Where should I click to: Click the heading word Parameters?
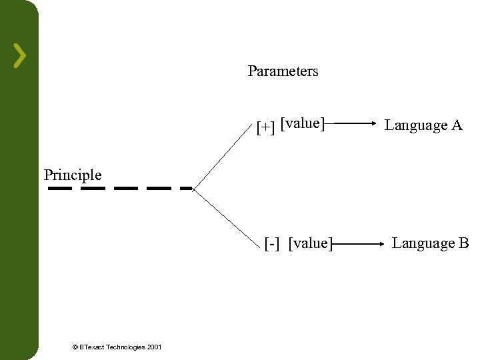tap(283, 71)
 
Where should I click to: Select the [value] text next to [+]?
tap(303, 123)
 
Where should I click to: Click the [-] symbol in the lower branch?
tap(272, 243)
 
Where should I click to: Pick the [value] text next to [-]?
tap(310, 243)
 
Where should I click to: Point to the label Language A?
tap(423, 125)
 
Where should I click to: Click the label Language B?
tap(430, 243)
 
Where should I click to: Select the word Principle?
tap(73, 175)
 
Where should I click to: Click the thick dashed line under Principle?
tap(120, 189)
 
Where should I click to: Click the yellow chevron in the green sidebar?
tap(21, 56)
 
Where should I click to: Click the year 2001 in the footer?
tap(153, 347)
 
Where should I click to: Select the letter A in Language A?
tap(457, 125)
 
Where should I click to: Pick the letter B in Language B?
tap(463, 243)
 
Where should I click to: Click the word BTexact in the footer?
tap(91, 347)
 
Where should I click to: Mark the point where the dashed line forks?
tap(193, 189)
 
